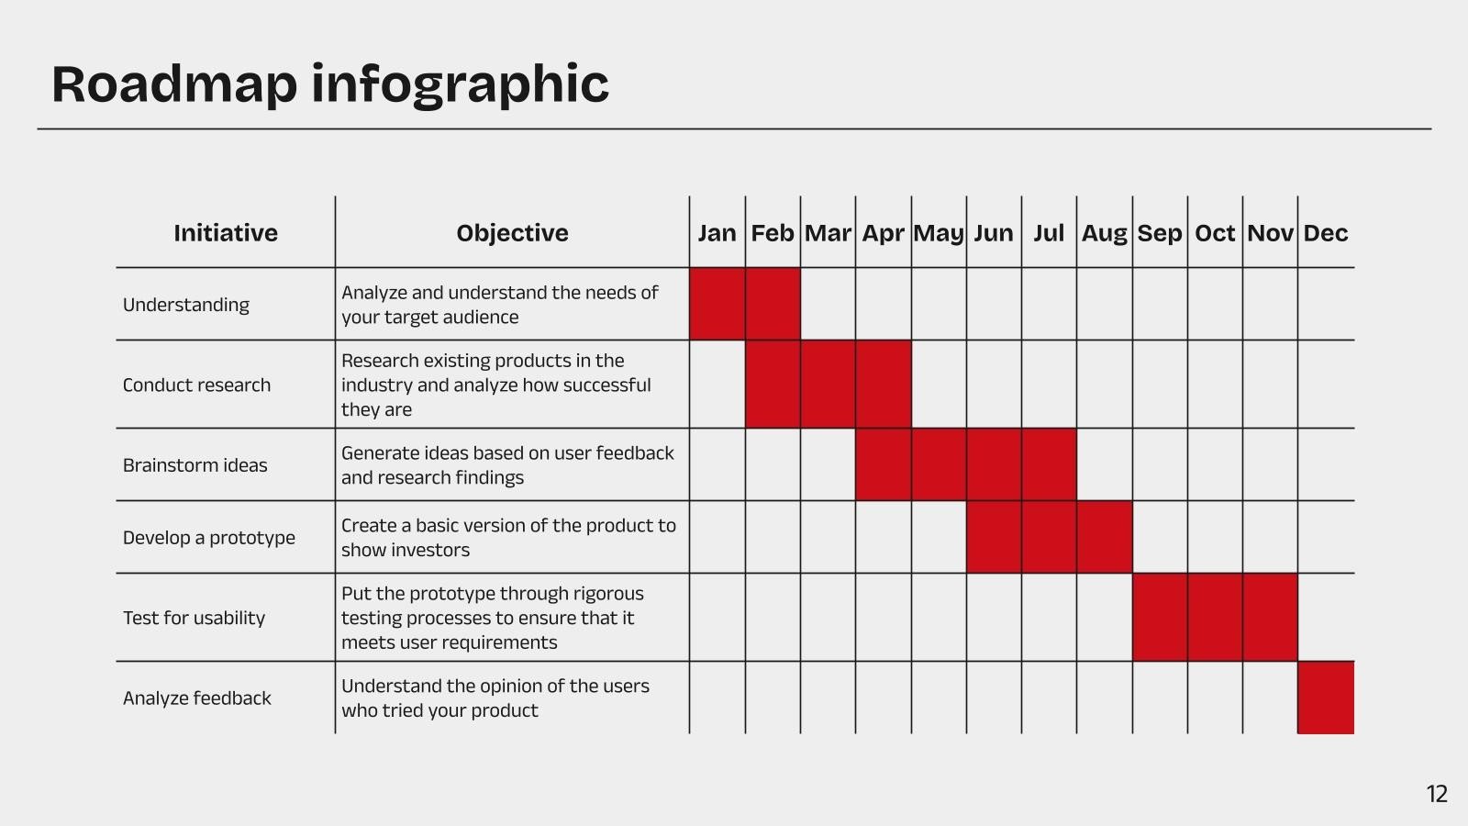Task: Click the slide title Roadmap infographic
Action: tap(330, 84)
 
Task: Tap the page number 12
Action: tap(1437, 794)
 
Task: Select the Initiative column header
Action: tap(226, 233)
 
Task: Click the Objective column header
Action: tap(513, 233)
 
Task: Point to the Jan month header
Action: tap(717, 233)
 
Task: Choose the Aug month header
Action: tap(1105, 233)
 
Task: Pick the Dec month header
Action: tap(1325, 233)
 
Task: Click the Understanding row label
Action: tap(186, 305)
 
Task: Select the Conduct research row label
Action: tap(196, 385)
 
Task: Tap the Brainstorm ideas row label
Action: tap(195, 464)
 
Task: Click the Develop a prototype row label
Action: tap(209, 538)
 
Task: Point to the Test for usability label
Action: tap(194, 618)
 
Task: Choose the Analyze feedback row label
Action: tap(196, 698)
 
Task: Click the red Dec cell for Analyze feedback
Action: tap(1326, 698)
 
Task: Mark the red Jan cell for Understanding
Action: tap(717, 304)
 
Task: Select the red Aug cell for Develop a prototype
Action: tap(1105, 537)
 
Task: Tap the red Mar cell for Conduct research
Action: tap(828, 385)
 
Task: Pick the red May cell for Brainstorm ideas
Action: tap(939, 464)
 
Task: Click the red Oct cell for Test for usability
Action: tap(1215, 617)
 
